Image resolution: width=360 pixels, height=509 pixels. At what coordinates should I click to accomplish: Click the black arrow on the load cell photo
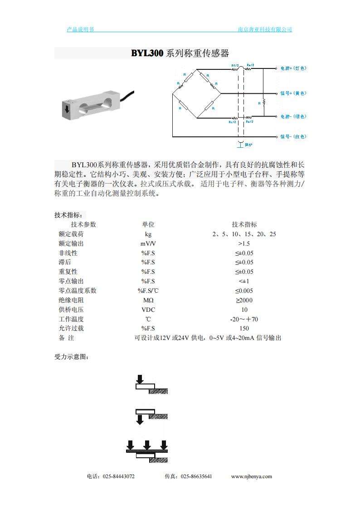pyautogui.click(x=67, y=109)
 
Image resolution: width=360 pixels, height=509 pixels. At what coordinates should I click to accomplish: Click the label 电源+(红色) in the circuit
pyautogui.click(x=293, y=68)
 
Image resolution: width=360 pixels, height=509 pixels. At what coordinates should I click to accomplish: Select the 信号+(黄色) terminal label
pyautogui.click(x=293, y=93)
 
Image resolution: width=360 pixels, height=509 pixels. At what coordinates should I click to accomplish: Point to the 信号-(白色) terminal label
pyautogui.click(x=293, y=136)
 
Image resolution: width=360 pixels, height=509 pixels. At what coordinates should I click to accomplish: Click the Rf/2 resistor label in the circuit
pyautogui.click(x=235, y=65)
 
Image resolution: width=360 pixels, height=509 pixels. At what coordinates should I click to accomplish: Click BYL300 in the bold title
pyautogui.click(x=147, y=53)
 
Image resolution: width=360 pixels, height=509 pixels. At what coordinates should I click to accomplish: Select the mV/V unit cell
pyautogui.click(x=148, y=243)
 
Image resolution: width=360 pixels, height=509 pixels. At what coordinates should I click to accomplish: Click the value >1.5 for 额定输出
pyautogui.click(x=244, y=243)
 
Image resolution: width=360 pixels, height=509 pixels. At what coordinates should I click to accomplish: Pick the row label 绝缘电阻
pyautogui.click(x=71, y=300)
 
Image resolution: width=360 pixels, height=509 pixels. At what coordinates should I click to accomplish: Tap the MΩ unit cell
pyautogui.click(x=148, y=300)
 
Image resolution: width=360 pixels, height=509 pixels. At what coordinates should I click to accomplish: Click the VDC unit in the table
pyautogui.click(x=148, y=310)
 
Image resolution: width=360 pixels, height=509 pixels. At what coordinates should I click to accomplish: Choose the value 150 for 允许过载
pyautogui.click(x=244, y=329)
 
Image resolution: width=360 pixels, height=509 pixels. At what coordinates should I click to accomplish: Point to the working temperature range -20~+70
pyautogui.click(x=244, y=319)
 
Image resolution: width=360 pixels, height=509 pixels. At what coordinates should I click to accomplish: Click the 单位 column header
pyautogui.click(x=148, y=224)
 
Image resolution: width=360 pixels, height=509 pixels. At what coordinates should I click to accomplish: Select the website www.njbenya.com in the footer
pyautogui.click(x=251, y=476)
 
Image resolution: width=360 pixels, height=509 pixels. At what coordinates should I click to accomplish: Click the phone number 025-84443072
pyautogui.click(x=119, y=476)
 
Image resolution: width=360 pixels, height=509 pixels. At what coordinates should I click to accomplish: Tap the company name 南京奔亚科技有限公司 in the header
pyautogui.click(x=265, y=29)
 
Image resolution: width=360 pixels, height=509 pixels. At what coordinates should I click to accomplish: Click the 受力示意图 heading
pyautogui.click(x=71, y=357)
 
